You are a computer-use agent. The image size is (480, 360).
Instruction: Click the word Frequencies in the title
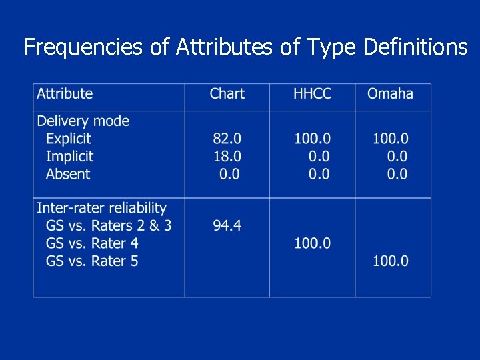tap(83, 47)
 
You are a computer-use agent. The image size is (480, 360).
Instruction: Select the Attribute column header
tap(65, 93)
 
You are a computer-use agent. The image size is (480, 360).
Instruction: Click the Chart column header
tap(227, 93)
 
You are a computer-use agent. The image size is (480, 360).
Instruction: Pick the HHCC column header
tap(312, 93)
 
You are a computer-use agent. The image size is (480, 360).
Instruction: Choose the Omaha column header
tap(390, 93)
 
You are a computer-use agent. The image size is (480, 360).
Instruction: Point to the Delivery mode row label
tap(83, 121)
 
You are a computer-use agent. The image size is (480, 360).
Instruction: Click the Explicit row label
tap(69, 139)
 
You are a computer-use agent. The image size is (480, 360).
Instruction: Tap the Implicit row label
tap(69, 157)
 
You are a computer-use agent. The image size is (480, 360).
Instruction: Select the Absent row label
tap(67, 174)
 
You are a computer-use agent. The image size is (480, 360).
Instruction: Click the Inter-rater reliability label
tap(101, 208)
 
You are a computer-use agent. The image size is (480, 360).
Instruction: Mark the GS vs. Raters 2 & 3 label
tap(109, 225)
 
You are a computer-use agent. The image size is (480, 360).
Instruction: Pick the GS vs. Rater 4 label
tap(92, 243)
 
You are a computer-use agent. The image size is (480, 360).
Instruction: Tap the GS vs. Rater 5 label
tap(92, 261)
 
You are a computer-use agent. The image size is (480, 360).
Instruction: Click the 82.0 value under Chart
tap(227, 139)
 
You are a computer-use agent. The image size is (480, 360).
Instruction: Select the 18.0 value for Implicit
tap(227, 157)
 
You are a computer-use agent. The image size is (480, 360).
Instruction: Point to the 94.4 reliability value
tap(227, 225)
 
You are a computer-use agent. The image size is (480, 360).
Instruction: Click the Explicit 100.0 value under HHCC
tap(312, 139)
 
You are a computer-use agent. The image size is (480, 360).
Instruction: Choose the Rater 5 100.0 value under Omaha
tap(390, 261)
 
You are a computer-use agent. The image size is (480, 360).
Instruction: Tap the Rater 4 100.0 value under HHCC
tap(312, 243)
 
